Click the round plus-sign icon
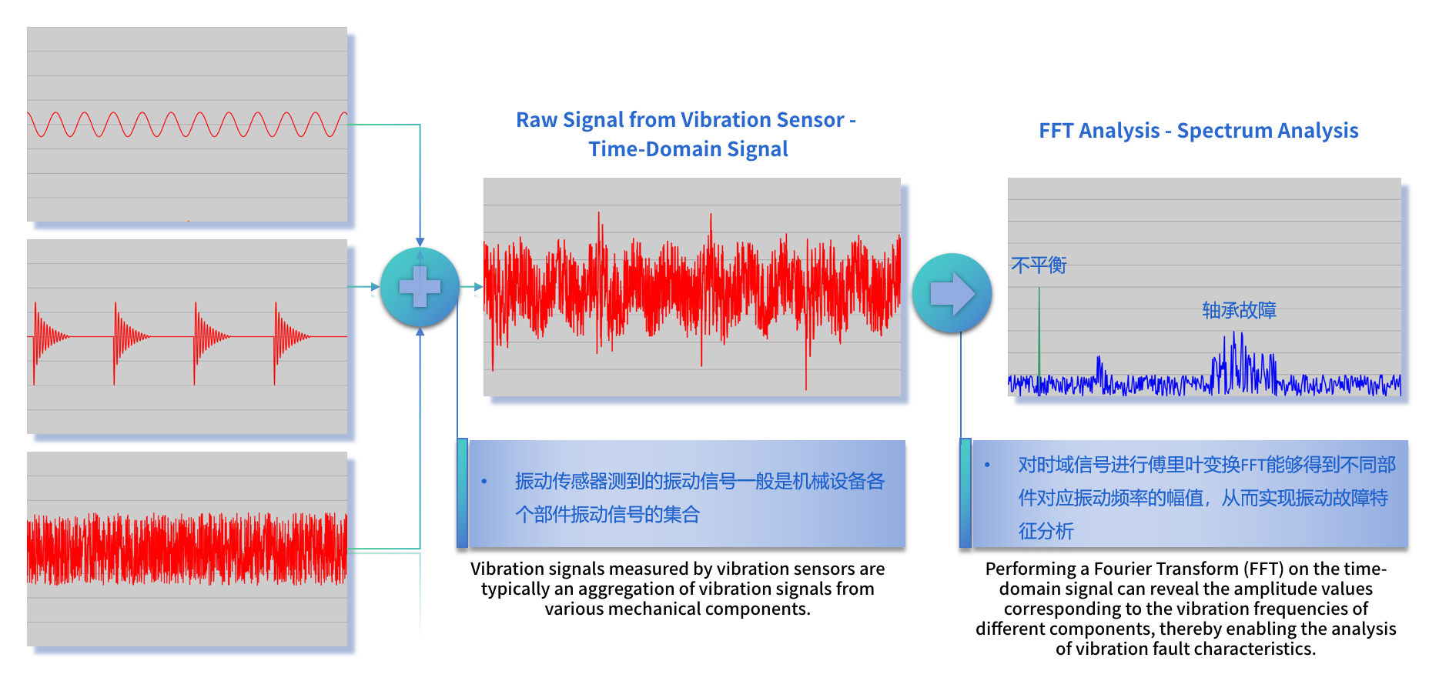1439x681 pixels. (420, 287)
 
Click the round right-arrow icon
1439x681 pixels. (952, 293)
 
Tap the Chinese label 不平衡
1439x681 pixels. (1039, 265)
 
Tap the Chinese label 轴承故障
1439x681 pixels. (1239, 310)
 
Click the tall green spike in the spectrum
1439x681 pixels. (1039, 331)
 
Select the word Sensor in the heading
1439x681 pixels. (811, 120)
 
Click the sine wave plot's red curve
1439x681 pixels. (185, 124)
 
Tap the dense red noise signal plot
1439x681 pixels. (186, 548)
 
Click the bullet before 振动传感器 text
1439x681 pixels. (484, 482)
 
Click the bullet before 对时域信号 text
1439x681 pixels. (987, 465)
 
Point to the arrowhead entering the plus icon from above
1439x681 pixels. (420, 242)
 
